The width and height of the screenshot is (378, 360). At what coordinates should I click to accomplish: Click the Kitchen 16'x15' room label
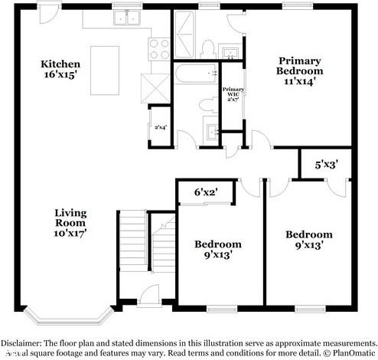[60, 70]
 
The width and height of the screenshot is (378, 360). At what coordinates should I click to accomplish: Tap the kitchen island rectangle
[105, 69]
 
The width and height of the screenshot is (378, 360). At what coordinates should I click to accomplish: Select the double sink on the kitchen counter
[126, 18]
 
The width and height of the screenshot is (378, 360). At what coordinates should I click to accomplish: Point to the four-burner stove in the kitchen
[159, 48]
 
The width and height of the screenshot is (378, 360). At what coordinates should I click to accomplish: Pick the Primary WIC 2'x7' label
[233, 100]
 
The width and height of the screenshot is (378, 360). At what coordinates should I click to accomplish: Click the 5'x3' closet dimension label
[327, 164]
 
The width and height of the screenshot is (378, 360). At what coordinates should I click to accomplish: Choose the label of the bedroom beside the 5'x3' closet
[308, 240]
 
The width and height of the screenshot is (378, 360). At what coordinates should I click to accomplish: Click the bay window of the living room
[68, 315]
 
